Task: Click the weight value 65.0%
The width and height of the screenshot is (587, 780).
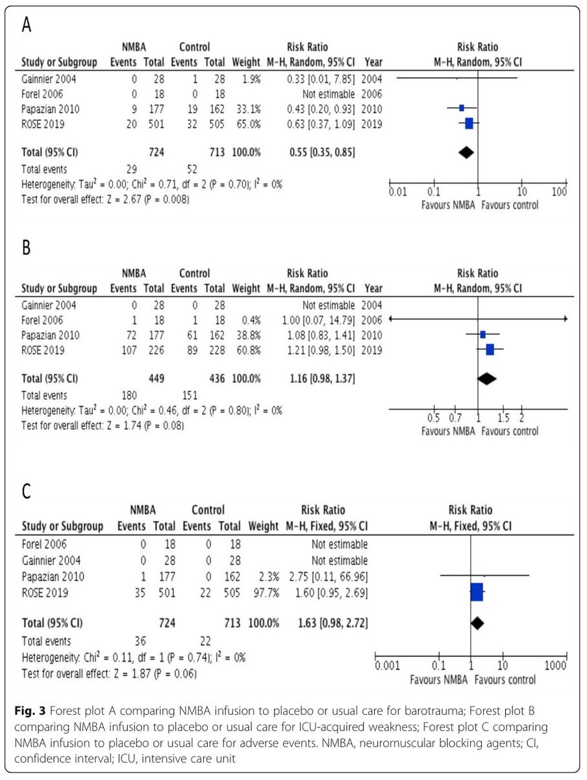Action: (x=246, y=123)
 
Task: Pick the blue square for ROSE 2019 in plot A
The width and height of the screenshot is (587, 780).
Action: (x=469, y=123)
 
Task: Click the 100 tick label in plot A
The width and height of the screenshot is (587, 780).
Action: (x=559, y=192)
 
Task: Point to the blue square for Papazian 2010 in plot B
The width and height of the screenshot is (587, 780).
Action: (x=482, y=334)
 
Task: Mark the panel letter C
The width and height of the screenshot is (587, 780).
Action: (x=26, y=491)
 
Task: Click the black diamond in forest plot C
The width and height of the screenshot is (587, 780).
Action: (x=477, y=623)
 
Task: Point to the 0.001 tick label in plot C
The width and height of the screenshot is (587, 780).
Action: (x=388, y=666)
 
